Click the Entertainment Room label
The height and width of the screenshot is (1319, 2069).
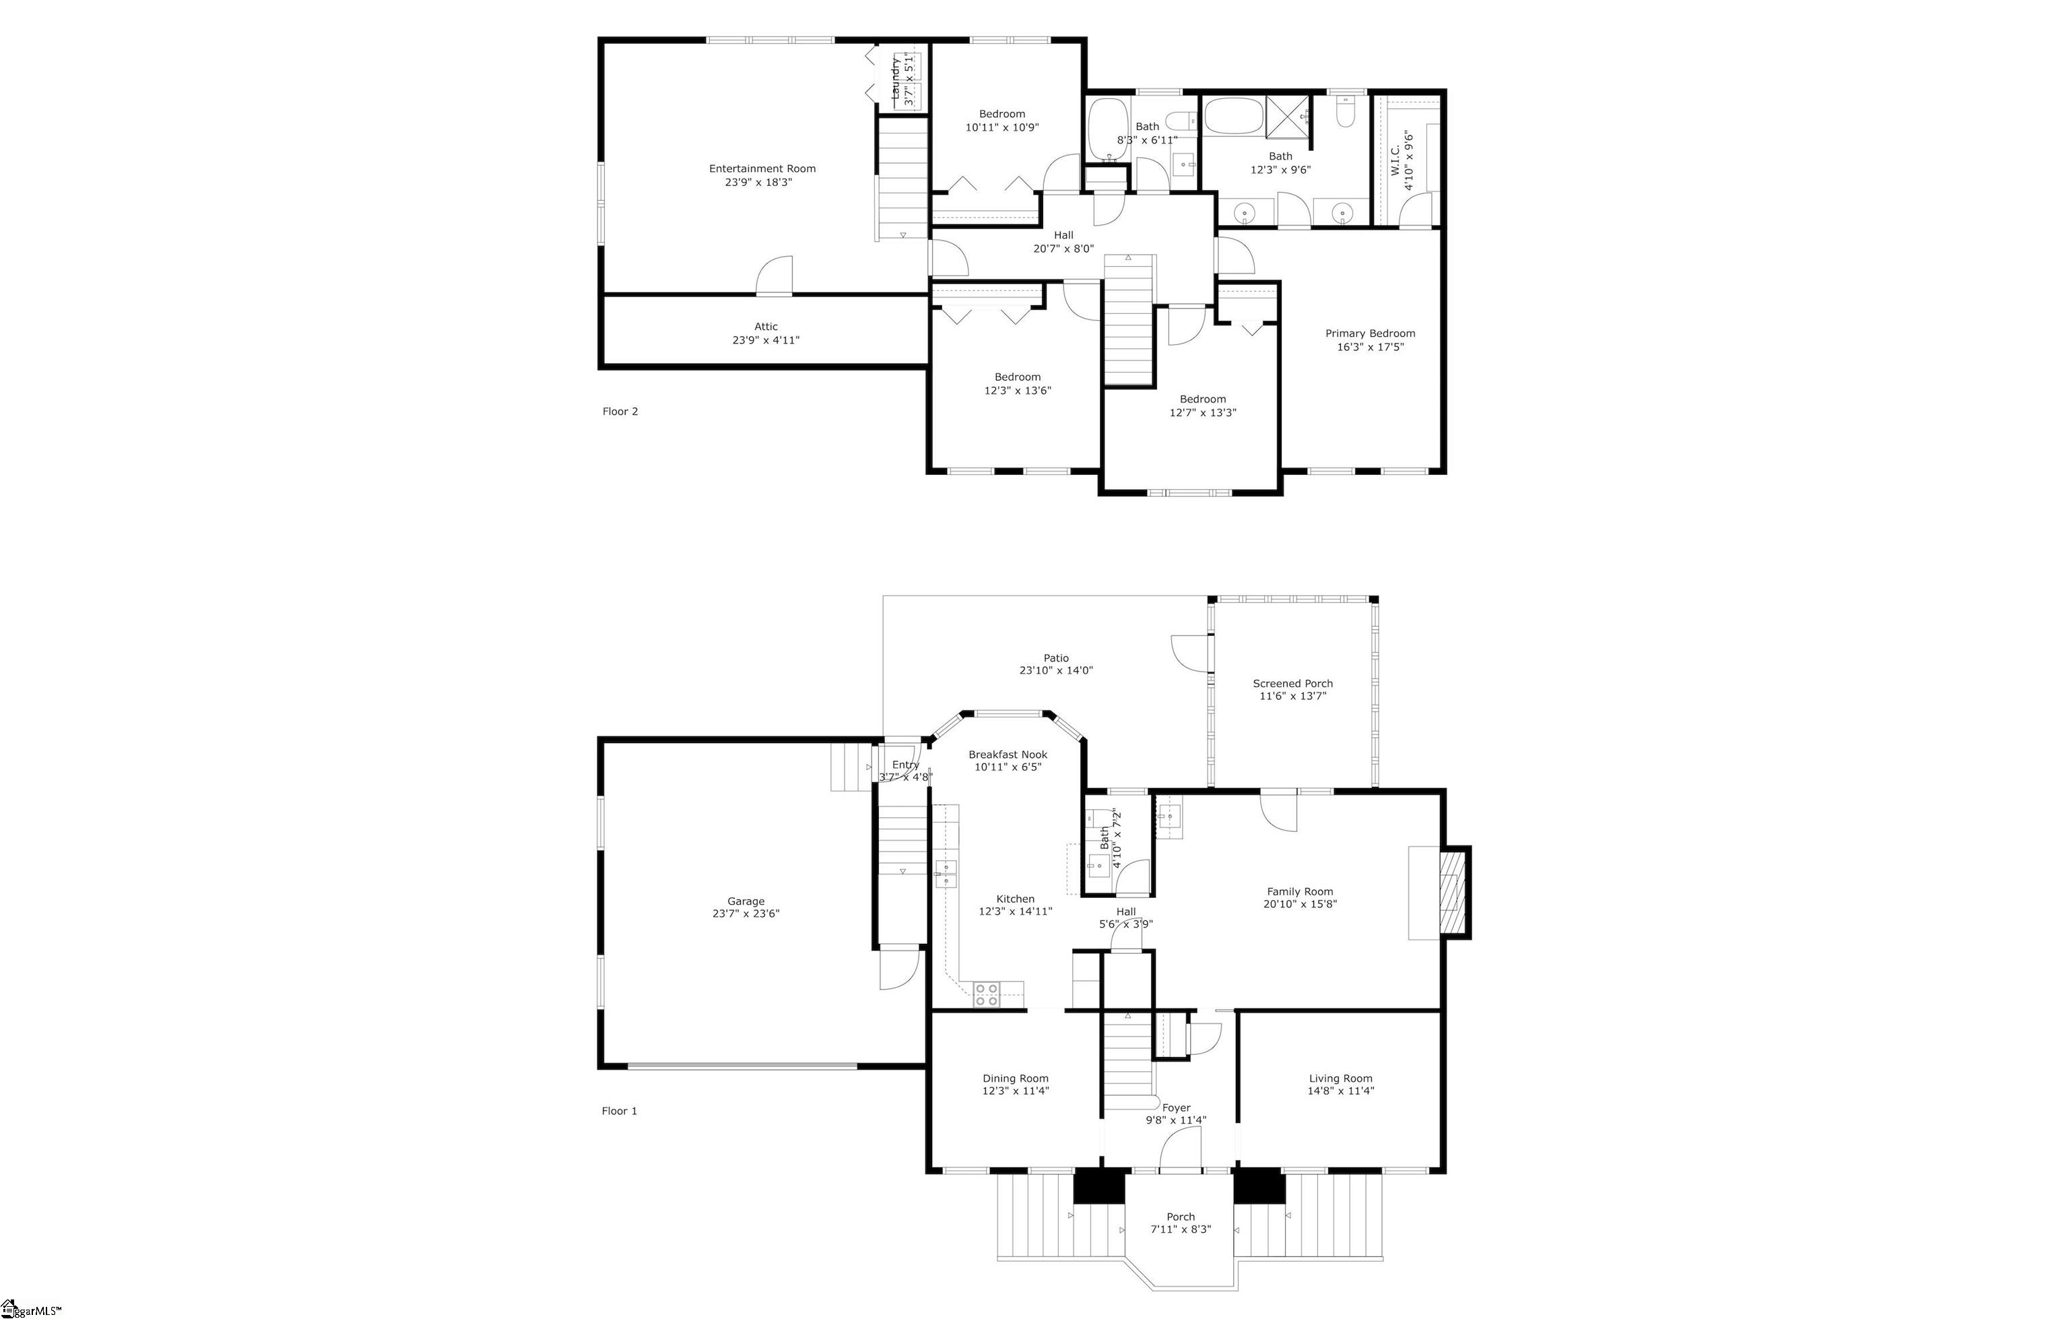(x=762, y=168)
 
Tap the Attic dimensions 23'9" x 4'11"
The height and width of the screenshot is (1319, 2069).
(x=766, y=340)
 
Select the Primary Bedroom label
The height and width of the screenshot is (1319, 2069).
(x=1370, y=333)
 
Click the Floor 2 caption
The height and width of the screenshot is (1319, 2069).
(x=620, y=412)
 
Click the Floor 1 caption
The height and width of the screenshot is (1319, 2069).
(x=619, y=1111)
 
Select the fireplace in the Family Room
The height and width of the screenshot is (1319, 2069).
(x=1453, y=893)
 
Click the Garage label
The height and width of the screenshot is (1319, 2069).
(x=745, y=901)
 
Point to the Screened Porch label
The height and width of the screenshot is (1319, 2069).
(x=1292, y=684)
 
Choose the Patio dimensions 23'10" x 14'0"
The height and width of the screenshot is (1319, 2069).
(x=1056, y=671)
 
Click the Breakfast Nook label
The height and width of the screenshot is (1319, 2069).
(x=1008, y=754)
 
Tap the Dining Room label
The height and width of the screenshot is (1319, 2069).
(x=1016, y=1079)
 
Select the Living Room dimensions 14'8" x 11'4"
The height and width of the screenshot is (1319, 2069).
(x=1340, y=1091)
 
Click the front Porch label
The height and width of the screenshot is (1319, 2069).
(x=1181, y=1217)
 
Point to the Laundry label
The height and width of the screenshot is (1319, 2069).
(x=895, y=79)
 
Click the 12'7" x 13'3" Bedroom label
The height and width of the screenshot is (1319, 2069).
(x=1202, y=399)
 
